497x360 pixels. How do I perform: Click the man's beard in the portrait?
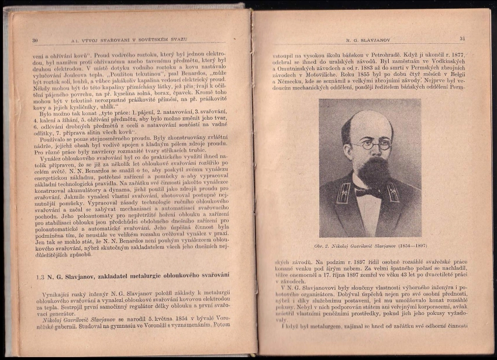[x=372, y=172]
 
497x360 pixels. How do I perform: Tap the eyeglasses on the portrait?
[x=371, y=144]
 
